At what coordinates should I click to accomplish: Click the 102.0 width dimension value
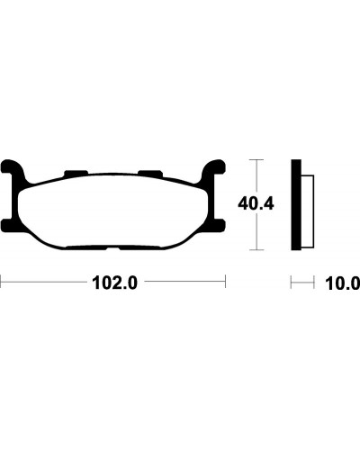[114, 283]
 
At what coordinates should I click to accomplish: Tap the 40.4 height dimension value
[256, 204]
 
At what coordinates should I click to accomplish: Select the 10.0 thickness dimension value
[343, 283]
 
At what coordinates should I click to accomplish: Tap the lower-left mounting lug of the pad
[8, 225]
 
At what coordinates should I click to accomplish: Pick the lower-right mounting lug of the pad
[218, 225]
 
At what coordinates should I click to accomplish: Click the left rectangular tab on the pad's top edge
[76, 174]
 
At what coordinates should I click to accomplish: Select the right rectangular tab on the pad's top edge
[150, 174]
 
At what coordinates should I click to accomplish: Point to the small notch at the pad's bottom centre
[113, 248]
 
